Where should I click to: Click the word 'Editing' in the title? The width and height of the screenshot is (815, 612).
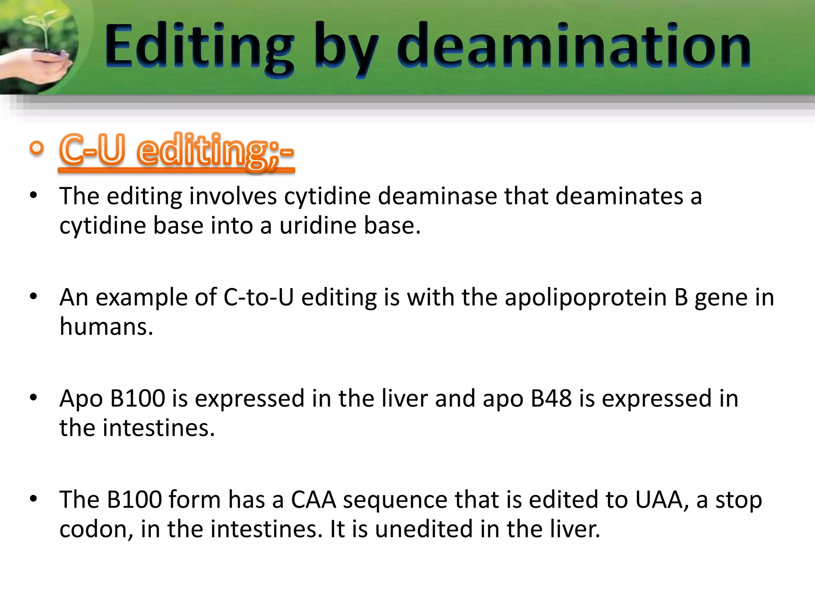tap(199, 46)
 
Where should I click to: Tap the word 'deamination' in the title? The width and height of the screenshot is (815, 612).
tap(573, 46)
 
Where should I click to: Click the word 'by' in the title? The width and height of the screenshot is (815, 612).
tap(345, 50)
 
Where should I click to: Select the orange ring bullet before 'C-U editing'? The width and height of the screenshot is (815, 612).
tap(37, 148)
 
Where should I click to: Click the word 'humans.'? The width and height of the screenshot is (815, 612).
tap(106, 327)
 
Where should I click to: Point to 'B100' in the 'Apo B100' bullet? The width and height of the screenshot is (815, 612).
tap(138, 398)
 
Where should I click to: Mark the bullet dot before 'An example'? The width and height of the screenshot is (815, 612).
tap(33, 296)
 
